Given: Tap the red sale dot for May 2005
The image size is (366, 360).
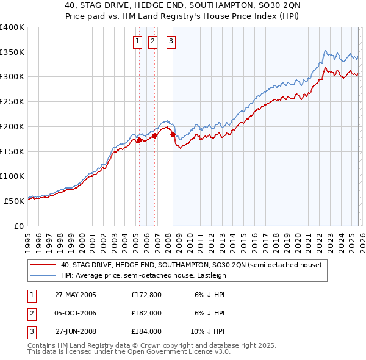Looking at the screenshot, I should pos(139,140).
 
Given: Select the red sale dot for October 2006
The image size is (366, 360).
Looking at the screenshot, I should pos(154,135).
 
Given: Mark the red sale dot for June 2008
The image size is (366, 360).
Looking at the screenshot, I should pos(173,134).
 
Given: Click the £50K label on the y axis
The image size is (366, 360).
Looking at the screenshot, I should pos(14,201).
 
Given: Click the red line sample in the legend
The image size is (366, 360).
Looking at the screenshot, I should pos(43,265).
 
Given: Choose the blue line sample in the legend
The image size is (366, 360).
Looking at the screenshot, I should pos(43,275).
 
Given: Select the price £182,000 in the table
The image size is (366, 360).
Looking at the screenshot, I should pos(146,313).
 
